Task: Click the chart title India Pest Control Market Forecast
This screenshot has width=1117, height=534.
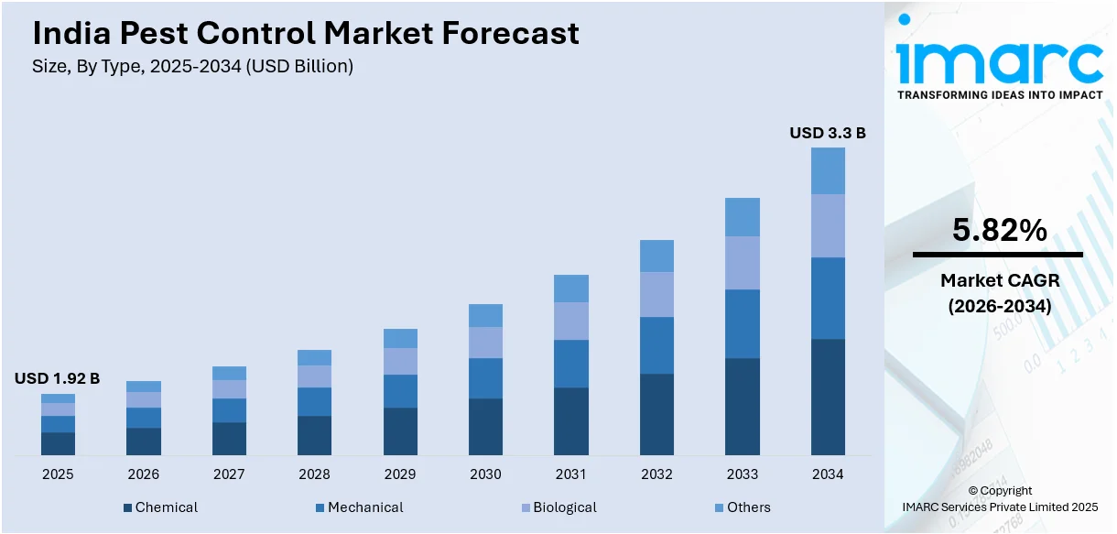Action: click(306, 34)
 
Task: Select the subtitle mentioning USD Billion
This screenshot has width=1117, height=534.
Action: click(193, 66)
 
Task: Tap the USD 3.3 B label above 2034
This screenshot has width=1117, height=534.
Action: click(828, 133)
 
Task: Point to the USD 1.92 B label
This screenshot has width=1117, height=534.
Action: click(57, 378)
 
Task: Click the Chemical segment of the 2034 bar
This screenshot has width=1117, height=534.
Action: click(828, 397)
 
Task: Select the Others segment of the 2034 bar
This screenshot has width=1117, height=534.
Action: click(828, 170)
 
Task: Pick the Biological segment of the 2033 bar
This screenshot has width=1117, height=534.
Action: click(743, 263)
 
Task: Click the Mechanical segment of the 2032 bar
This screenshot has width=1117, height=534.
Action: click(656, 345)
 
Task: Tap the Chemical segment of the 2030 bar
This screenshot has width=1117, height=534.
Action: click(485, 426)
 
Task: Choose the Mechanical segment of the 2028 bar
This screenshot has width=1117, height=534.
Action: click(314, 401)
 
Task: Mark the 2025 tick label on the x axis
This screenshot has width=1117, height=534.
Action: click(58, 474)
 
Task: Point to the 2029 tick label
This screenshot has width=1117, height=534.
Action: click(400, 474)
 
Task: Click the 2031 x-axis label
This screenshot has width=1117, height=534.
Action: click(571, 474)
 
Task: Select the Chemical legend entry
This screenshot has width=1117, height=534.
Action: click(160, 507)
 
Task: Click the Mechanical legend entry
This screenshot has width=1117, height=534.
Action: click(359, 507)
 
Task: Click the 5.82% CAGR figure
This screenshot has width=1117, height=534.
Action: click(999, 231)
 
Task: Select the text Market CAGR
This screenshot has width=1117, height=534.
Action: click(999, 280)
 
